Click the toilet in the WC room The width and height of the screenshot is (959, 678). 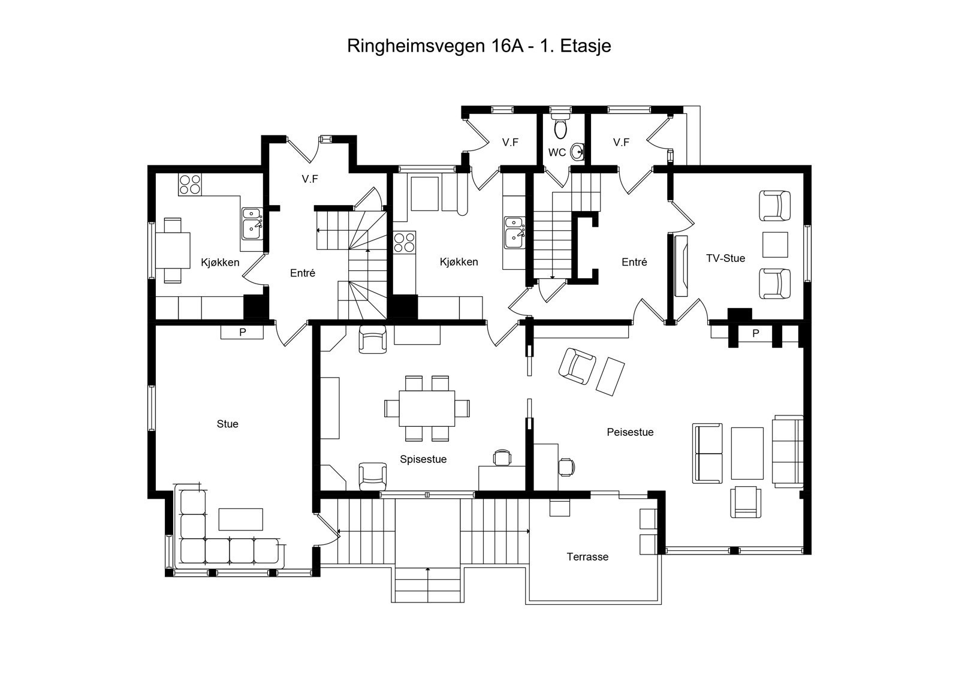561,128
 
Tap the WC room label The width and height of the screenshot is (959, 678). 557,152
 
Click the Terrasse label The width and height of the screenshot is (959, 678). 587,557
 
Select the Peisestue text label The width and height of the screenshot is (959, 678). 630,432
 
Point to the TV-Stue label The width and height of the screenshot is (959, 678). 725,258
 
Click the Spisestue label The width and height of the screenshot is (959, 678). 423,460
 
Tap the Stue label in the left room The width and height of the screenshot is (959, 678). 227,424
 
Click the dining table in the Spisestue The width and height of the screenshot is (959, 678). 426,408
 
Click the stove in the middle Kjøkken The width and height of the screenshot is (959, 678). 404,242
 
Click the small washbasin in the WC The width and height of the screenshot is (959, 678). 577,151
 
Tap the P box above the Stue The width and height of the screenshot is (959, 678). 242,332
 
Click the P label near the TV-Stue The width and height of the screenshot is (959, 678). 755,333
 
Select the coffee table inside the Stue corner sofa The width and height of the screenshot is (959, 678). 240,519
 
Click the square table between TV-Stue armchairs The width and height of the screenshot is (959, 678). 775,245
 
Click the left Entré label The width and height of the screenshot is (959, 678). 303,273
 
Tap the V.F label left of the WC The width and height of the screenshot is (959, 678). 510,142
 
